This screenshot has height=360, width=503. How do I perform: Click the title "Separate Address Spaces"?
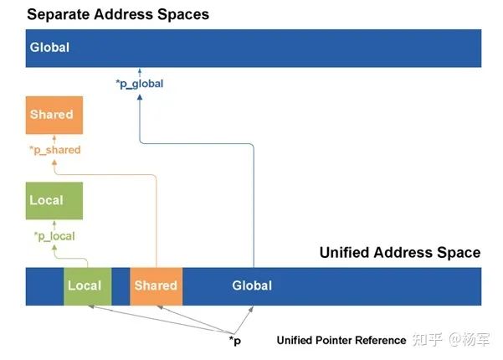tap(117, 14)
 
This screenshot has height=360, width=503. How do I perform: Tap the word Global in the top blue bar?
tap(49, 48)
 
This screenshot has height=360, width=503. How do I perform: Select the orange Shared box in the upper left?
tap(51, 115)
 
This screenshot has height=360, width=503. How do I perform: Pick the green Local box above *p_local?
tap(53, 201)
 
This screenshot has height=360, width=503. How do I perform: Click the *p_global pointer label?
tap(139, 84)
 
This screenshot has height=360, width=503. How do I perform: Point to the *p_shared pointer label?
tap(56, 151)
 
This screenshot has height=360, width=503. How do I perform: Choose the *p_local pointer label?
tap(54, 237)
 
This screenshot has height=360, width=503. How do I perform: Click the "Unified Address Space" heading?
tap(399, 252)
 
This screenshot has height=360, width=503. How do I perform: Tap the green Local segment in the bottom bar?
tap(85, 285)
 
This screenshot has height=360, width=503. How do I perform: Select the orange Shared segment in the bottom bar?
tap(156, 285)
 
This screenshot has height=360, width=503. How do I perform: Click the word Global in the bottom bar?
tap(252, 285)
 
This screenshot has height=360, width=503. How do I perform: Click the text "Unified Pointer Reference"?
tap(341, 341)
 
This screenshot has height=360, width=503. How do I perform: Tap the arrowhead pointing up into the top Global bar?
tap(139, 72)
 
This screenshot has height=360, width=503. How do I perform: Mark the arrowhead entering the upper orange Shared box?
tap(52, 138)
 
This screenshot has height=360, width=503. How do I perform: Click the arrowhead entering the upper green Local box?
tap(52, 224)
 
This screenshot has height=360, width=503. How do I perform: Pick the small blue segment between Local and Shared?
tap(121, 285)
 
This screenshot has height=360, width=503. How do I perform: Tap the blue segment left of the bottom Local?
tap(45, 285)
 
